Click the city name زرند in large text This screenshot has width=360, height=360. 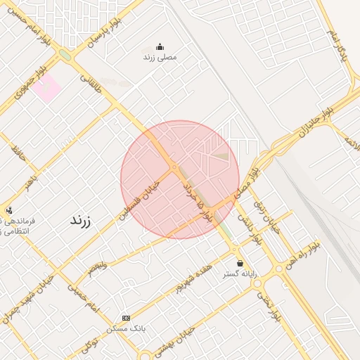81,220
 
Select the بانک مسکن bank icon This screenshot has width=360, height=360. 126,319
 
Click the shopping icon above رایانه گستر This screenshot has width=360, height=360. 240,263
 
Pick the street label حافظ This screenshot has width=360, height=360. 19,153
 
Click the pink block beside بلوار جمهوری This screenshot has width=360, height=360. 46,89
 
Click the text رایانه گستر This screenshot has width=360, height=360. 240,274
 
